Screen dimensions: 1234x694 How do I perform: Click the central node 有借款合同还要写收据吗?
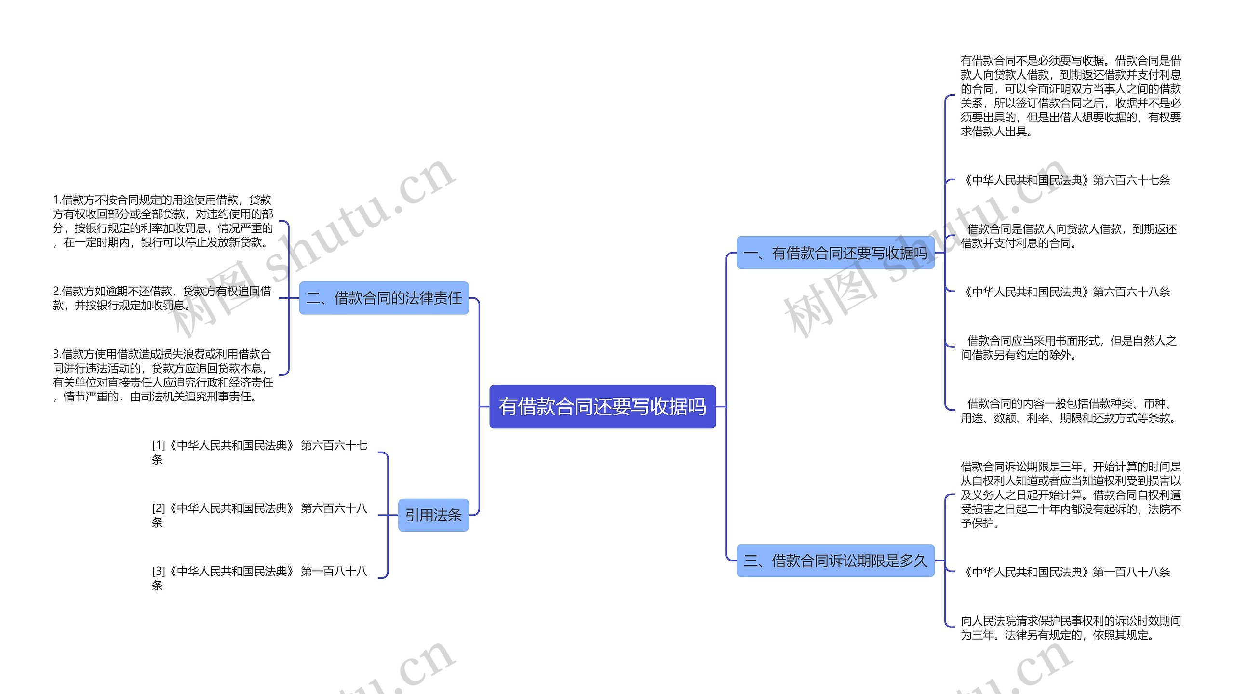602,406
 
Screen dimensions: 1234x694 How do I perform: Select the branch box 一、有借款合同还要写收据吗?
835,253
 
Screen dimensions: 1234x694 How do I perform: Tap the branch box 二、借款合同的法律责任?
384,298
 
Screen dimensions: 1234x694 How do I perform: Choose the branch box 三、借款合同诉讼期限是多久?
835,561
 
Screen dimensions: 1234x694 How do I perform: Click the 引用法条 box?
433,515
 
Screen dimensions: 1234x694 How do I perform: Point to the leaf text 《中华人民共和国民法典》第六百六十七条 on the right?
1065,180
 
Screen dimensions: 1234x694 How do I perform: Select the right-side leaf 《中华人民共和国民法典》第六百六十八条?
1065,292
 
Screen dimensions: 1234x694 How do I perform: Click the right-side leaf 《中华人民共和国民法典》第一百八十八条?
1065,572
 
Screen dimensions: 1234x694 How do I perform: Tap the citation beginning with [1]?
259,452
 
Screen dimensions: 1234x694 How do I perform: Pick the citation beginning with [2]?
259,515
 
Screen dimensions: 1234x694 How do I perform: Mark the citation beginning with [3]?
259,578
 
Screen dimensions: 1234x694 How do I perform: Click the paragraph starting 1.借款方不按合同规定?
163,221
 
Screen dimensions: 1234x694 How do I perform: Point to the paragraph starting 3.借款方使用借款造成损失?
163,375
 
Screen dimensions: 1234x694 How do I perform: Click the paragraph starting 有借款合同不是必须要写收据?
1071,96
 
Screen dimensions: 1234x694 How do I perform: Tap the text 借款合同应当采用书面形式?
1069,347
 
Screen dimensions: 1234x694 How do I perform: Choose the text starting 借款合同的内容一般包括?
1069,411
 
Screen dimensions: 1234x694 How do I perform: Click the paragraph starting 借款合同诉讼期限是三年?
1071,494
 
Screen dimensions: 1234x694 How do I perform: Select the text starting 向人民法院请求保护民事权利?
1071,627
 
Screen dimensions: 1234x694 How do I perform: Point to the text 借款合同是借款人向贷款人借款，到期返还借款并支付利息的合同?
1069,236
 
